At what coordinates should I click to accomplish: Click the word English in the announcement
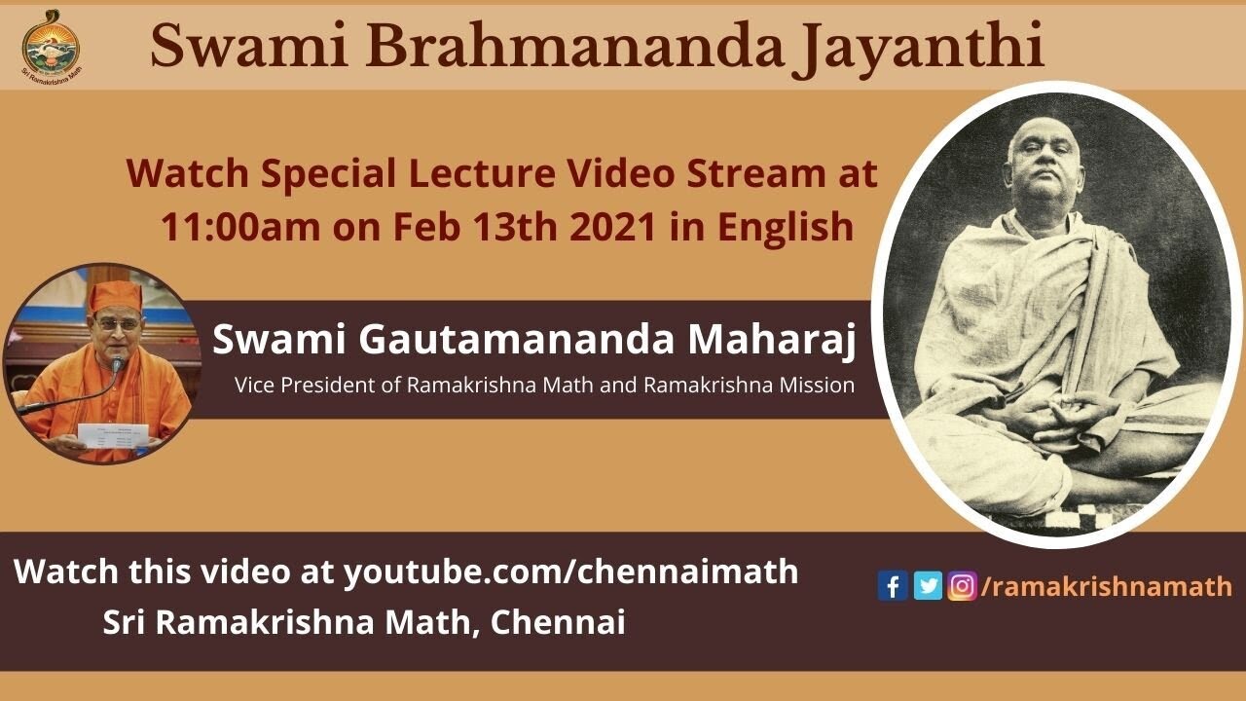click(786, 227)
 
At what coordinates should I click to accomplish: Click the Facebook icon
click(892, 586)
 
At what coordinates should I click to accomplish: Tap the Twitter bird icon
click(928, 586)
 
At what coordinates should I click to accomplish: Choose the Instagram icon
click(962, 586)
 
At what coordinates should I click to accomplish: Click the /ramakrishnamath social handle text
click(1107, 586)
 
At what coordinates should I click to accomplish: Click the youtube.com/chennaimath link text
click(570, 572)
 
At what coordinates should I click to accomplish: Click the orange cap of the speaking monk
click(115, 295)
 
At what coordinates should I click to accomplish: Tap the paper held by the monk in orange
click(113, 435)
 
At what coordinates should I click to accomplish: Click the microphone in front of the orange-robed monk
click(118, 364)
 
